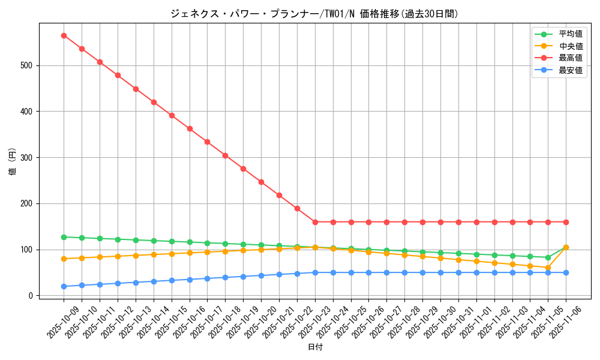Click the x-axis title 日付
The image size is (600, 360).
(x=315, y=347)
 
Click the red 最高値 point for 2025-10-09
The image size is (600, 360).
(x=64, y=35)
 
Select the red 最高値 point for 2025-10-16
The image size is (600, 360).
(x=190, y=128)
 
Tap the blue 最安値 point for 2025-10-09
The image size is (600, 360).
(x=64, y=286)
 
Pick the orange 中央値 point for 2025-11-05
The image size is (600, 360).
(x=548, y=268)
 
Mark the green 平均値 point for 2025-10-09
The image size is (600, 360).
(x=64, y=237)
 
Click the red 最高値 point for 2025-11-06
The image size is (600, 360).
(x=566, y=222)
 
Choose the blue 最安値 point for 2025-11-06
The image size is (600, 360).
(x=566, y=272)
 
